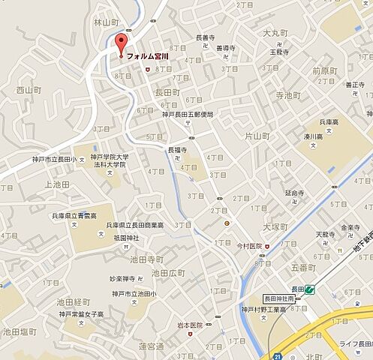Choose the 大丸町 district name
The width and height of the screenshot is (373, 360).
click(x=275, y=33)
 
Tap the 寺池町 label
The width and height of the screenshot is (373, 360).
click(x=287, y=96)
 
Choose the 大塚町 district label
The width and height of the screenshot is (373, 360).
click(x=276, y=225)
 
